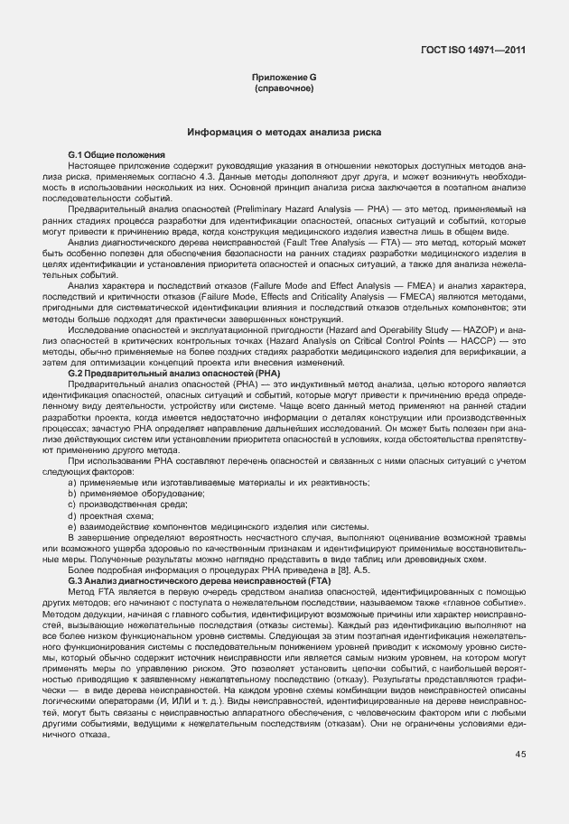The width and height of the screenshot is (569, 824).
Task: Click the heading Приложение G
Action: pos(284,79)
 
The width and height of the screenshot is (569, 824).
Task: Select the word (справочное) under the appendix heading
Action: pos(284,89)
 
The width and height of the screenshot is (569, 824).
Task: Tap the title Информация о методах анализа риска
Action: pos(284,133)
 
